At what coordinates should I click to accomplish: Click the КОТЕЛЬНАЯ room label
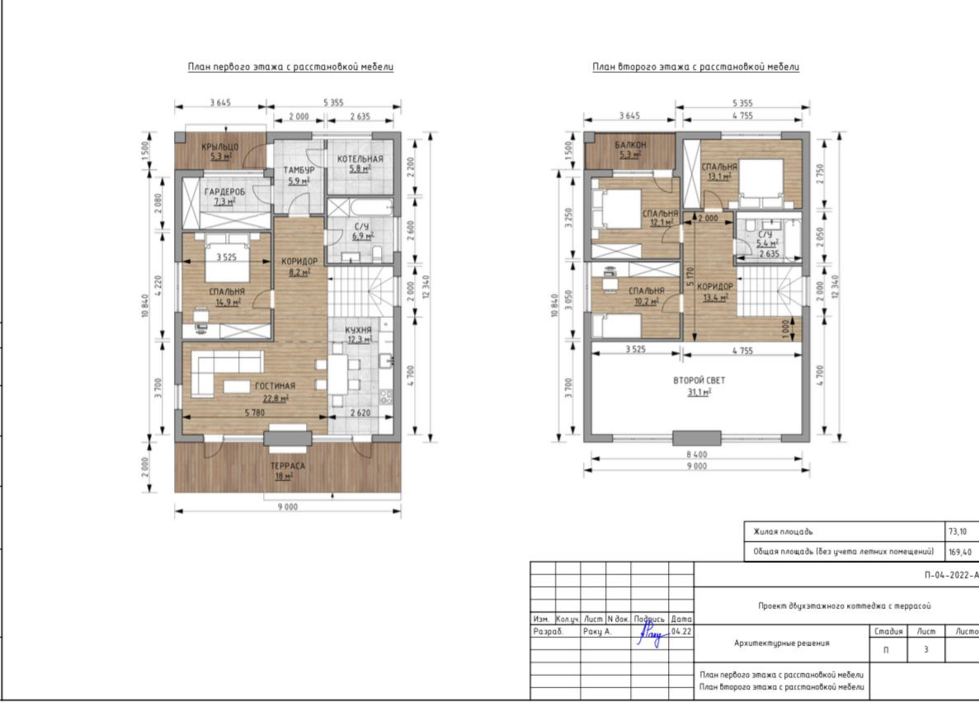(x=360, y=159)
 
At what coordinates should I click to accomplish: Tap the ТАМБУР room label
(x=299, y=171)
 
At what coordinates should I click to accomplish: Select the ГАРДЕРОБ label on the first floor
(x=225, y=191)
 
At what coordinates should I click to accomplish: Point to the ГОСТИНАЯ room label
(x=275, y=386)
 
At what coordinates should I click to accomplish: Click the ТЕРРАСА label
(x=287, y=466)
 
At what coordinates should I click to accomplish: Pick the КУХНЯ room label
(x=359, y=330)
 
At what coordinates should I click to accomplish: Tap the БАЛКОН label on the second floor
(x=631, y=145)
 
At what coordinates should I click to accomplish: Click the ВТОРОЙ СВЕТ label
(x=699, y=379)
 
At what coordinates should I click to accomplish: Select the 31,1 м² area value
(x=699, y=392)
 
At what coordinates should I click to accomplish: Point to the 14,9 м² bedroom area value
(x=228, y=303)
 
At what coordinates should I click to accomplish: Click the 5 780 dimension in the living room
(x=255, y=412)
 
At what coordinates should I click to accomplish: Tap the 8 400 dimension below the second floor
(x=697, y=455)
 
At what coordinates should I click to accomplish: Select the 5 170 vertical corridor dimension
(x=690, y=278)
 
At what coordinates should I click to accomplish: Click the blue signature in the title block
(x=652, y=632)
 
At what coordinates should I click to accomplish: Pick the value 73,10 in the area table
(x=958, y=532)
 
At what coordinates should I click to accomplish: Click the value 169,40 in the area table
(x=960, y=552)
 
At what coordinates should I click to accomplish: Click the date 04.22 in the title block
(x=680, y=631)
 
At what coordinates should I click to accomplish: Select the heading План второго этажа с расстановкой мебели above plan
(x=695, y=67)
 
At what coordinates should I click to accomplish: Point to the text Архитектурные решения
(x=782, y=643)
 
